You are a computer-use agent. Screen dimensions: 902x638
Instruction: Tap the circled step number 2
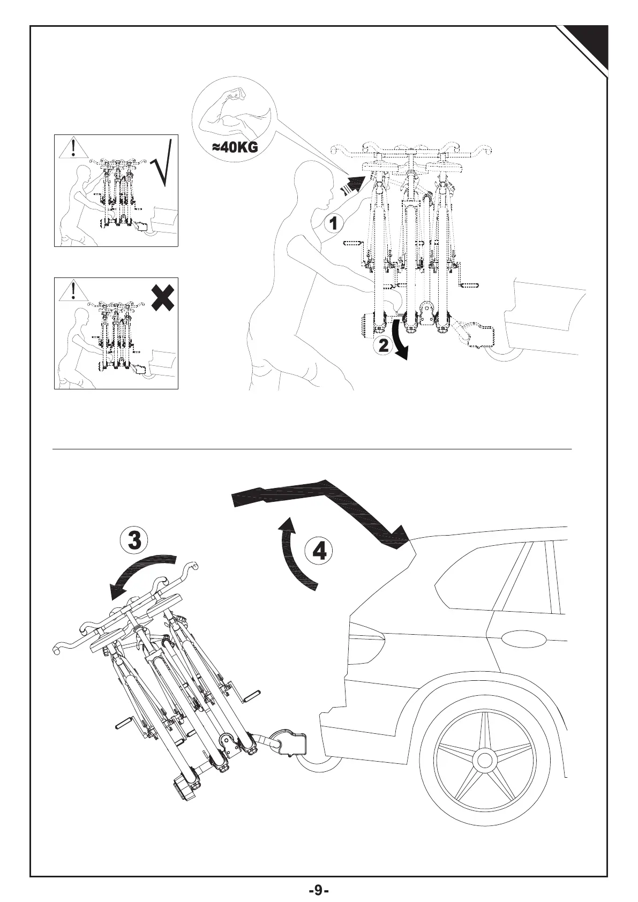[x=384, y=345]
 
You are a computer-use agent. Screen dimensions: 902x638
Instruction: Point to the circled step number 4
[x=320, y=550]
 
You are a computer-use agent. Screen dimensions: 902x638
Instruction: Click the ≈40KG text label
[x=235, y=148]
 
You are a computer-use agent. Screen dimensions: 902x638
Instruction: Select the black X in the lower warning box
[x=163, y=297]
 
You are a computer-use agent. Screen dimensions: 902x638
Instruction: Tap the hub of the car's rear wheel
[x=485, y=760]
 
